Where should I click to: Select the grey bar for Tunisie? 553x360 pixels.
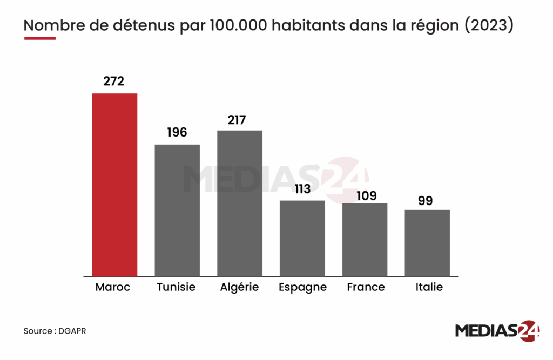177,210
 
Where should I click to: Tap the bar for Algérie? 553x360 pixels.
240,203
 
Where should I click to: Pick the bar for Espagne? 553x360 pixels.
302,238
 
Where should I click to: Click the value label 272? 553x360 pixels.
114,81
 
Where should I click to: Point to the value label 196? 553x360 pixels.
177,133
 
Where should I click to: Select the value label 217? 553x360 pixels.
240,119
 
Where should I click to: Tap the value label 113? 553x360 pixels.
302,189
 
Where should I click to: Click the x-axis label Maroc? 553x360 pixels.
113,287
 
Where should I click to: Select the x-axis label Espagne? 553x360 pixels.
302,288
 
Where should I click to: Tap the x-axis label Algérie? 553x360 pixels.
240,287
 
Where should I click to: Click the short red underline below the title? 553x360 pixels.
39,38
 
